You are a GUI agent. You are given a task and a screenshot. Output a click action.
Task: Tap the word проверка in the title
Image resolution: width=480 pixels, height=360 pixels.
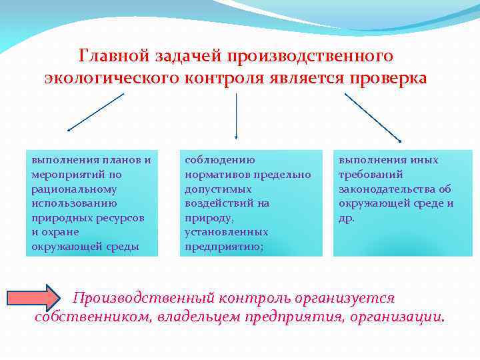click(x=386, y=77)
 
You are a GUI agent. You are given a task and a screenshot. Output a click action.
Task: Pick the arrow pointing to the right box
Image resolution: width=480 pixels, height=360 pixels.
click(x=373, y=117)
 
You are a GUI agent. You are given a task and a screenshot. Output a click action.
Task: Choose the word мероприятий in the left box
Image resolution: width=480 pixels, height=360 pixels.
click(x=65, y=174)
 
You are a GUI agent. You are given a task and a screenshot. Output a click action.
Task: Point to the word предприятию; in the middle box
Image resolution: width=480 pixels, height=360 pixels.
click(x=223, y=247)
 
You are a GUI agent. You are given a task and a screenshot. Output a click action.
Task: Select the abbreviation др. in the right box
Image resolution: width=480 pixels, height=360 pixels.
click(x=347, y=217)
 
